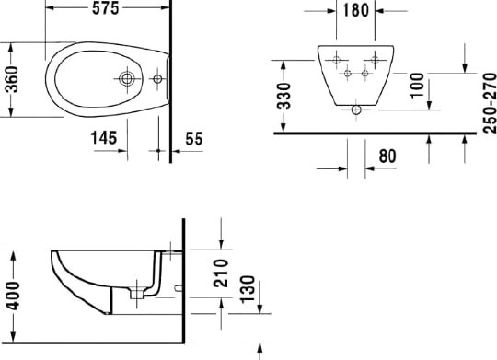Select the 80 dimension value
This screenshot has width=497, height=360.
388,157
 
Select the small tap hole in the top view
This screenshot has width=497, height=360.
157,78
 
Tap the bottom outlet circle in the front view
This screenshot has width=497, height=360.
356,111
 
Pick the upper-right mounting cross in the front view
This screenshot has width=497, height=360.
375,51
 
